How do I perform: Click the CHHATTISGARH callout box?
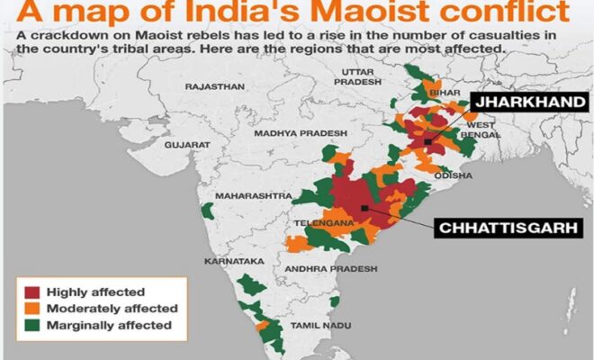494,228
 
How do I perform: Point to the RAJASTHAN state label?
214,87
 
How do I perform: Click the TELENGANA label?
322,221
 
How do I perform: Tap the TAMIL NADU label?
313,324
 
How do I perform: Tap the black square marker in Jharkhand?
427,141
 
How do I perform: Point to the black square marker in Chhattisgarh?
362,208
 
